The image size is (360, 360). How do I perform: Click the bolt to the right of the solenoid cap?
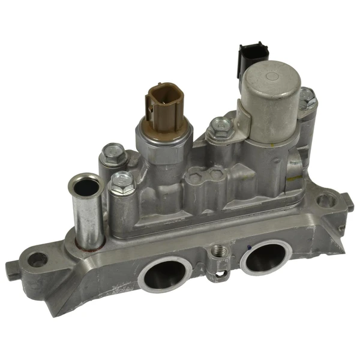(x=307, y=99)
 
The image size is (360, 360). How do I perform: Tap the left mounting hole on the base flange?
(x=38, y=260)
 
